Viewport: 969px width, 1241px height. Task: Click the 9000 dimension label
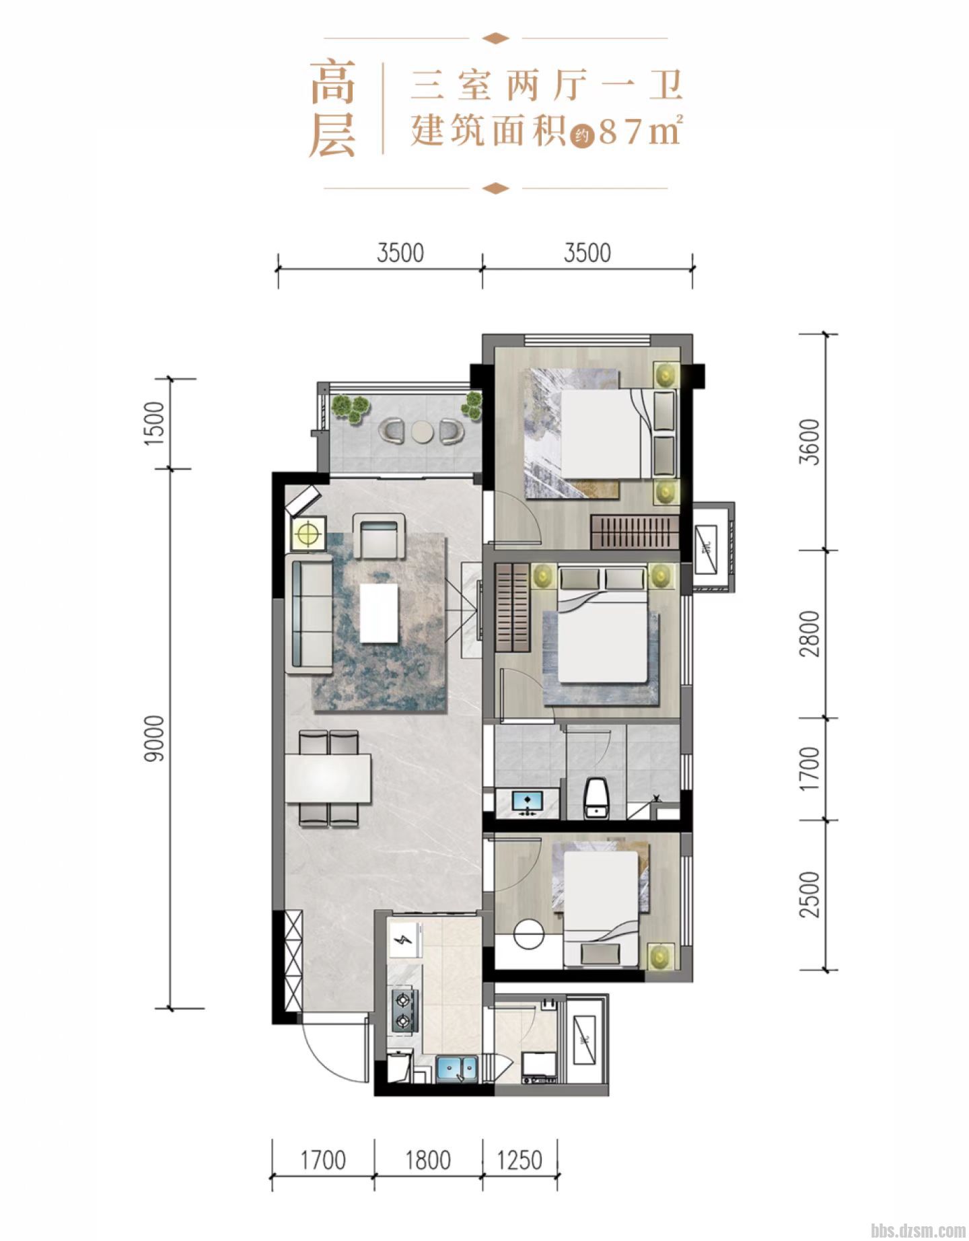(x=155, y=738)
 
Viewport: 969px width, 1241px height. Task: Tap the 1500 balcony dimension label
(x=155, y=422)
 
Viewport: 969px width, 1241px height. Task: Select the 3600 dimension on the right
(x=812, y=442)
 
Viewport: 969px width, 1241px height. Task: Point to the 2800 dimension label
(x=812, y=634)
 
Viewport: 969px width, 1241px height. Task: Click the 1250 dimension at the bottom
(x=519, y=1160)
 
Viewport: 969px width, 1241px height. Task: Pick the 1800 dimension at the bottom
(x=429, y=1160)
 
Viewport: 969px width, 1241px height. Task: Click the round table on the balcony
(x=421, y=431)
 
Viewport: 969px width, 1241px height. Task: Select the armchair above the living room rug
(x=380, y=536)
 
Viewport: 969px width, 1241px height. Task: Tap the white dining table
(x=328, y=779)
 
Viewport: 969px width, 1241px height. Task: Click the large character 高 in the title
(x=332, y=82)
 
